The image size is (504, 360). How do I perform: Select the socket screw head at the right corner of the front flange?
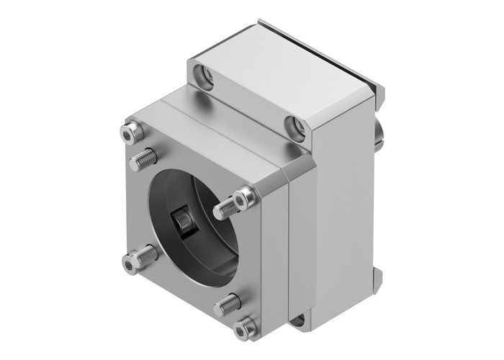[x=246, y=194]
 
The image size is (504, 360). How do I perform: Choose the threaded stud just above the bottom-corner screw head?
[x=227, y=304]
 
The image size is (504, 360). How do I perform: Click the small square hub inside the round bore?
[x=182, y=222]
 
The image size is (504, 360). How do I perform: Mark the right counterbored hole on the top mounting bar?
[x=294, y=127]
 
